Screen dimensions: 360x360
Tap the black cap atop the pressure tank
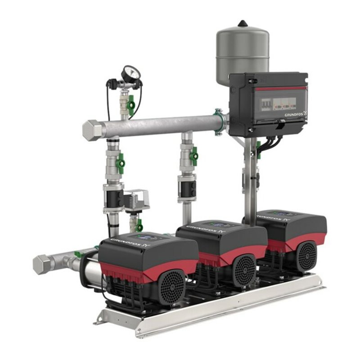(x=243, y=23)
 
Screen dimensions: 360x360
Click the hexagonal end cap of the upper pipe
(x=93, y=130)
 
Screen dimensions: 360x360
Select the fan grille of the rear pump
(x=306, y=255)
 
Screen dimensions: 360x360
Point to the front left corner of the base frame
(x=100, y=320)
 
